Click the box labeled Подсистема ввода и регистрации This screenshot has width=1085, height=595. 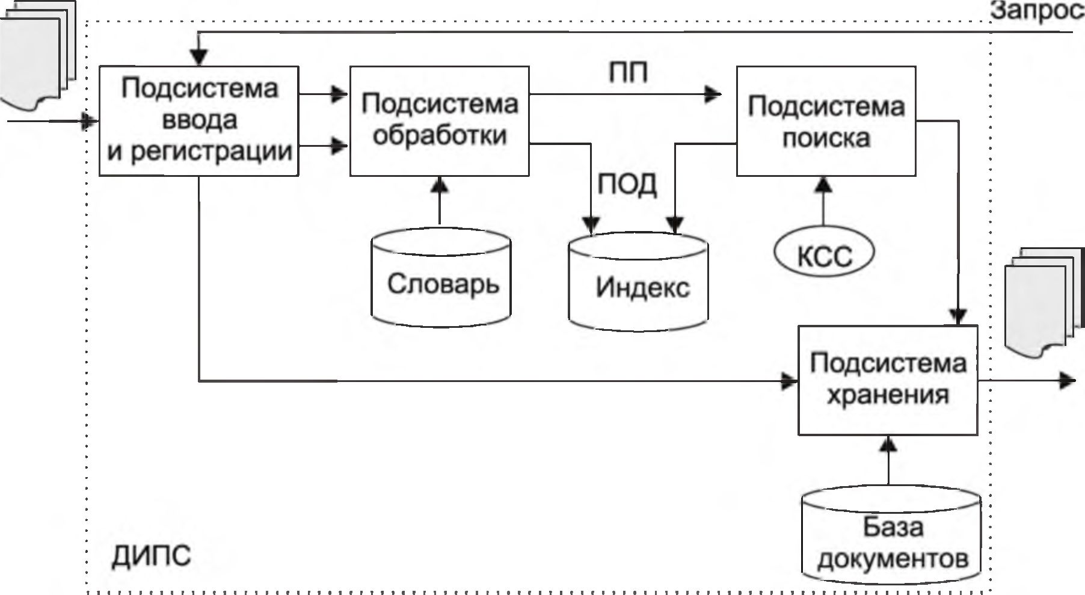point(198,120)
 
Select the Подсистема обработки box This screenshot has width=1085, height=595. point(439,120)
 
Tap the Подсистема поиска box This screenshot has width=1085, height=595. point(826,120)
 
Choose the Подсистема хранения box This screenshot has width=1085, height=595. point(887,380)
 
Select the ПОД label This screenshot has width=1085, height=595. point(627,185)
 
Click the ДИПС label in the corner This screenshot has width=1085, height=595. point(151,556)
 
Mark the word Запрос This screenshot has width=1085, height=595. point(1037,12)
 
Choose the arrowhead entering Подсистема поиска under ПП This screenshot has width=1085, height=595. point(714,94)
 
